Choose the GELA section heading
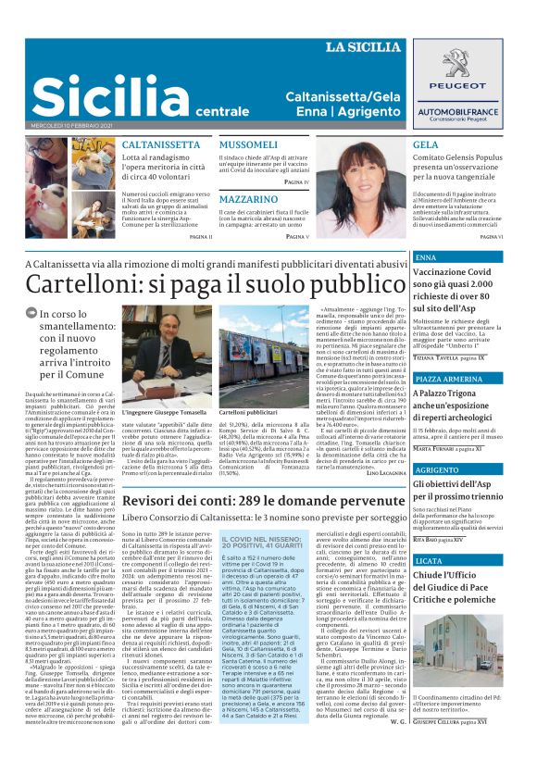(x=426, y=145)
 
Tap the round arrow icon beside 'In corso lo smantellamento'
(x=32, y=315)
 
